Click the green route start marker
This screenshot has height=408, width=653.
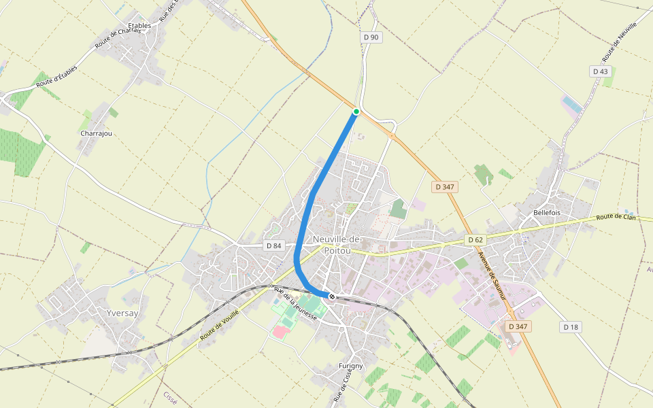[356, 111]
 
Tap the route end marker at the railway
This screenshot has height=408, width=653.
[332, 296]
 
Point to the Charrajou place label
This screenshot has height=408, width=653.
[96, 133]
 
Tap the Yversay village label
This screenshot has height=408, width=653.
[122, 313]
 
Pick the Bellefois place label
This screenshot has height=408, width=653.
[547, 213]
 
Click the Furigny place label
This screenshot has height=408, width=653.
[351, 366]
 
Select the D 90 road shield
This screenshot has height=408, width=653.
[371, 37]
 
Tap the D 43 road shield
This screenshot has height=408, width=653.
[600, 71]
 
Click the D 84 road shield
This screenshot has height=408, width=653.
[273, 245]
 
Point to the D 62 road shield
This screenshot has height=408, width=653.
[475, 240]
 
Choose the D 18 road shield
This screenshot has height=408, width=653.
[570, 327]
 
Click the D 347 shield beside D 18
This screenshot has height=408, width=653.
[518, 327]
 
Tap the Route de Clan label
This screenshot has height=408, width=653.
[616, 217]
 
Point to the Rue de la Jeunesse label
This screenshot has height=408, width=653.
[296, 304]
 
